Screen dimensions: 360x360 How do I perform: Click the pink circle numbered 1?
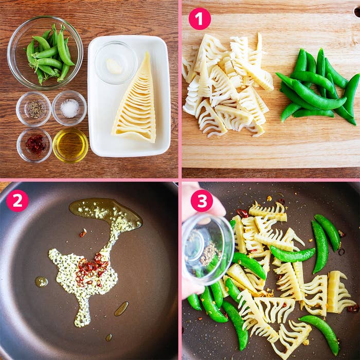click(x=200, y=19)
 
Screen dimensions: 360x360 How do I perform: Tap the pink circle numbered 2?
click(x=17, y=201)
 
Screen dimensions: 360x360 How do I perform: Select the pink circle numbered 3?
click(x=202, y=201)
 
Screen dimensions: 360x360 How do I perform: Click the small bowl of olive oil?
click(x=70, y=145)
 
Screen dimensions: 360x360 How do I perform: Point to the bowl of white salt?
click(x=69, y=108)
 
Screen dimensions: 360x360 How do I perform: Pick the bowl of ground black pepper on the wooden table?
click(x=33, y=109)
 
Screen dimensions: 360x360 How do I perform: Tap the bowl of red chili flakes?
click(x=34, y=145)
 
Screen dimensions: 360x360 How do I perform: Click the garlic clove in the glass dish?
click(x=114, y=66)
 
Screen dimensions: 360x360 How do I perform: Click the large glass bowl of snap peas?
click(x=45, y=53)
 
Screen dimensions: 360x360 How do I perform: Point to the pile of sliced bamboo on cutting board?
click(x=226, y=86)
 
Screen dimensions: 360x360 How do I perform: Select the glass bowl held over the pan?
click(x=208, y=249)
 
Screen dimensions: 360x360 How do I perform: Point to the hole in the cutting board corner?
click(x=357, y=12)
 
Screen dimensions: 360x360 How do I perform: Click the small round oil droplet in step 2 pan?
click(x=42, y=282)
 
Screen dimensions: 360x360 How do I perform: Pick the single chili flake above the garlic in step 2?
click(x=83, y=233)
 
